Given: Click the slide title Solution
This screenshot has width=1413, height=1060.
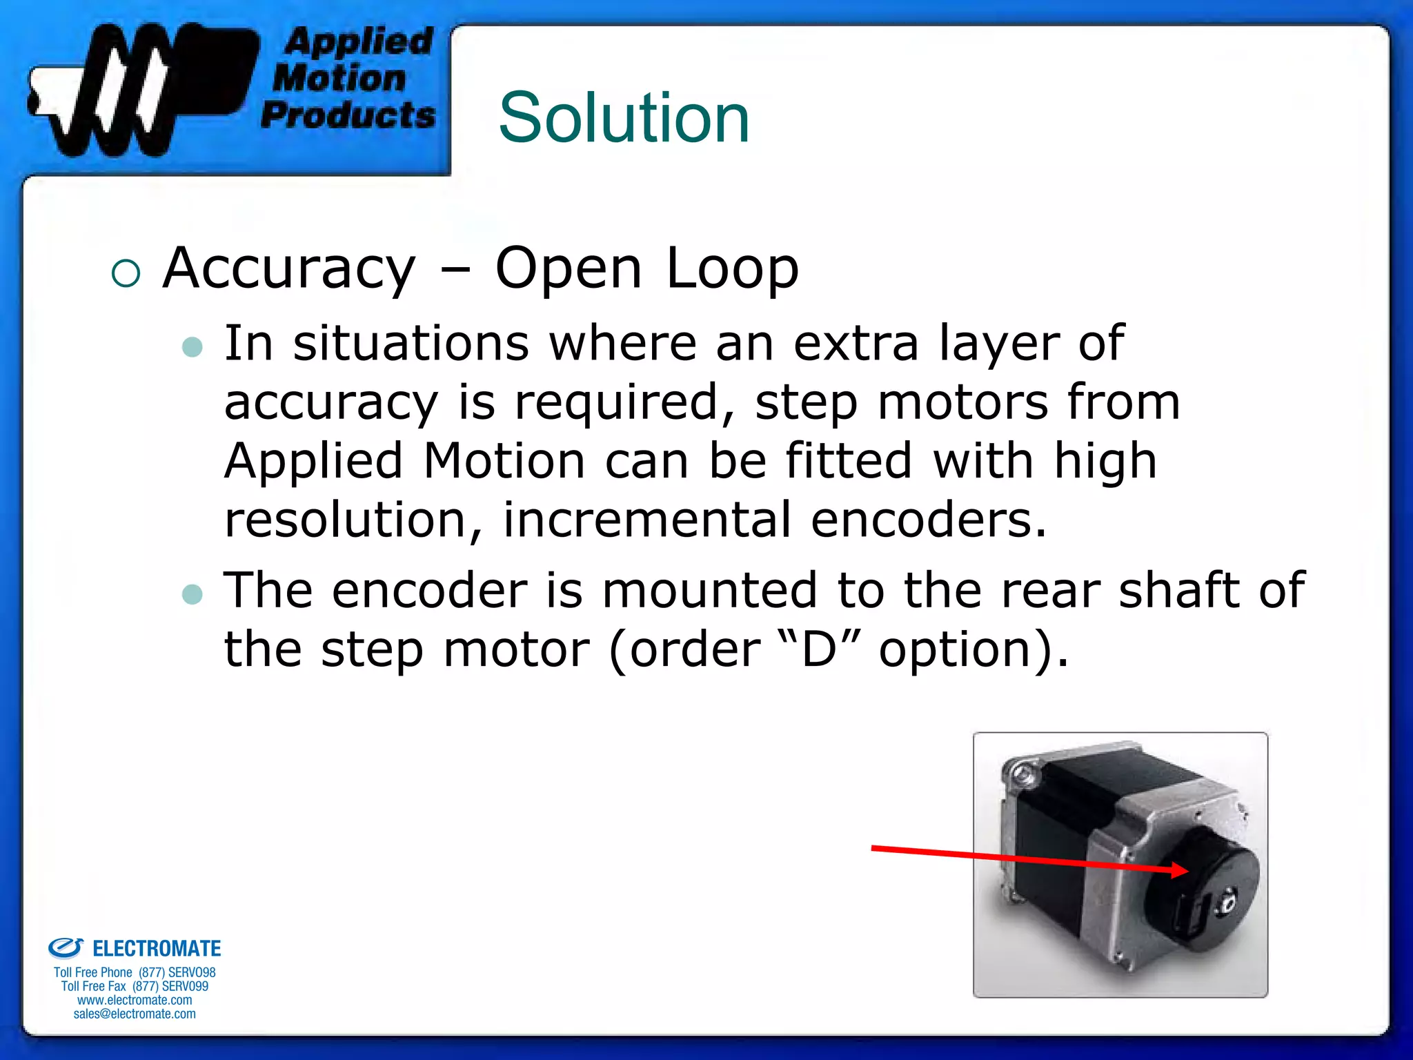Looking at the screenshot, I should (624, 118).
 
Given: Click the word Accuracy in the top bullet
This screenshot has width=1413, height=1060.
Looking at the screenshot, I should (289, 268).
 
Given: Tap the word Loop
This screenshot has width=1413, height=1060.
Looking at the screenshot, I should (732, 268).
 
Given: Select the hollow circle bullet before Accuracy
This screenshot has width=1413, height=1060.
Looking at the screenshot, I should (126, 273).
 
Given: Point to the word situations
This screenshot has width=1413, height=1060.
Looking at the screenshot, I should (411, 343).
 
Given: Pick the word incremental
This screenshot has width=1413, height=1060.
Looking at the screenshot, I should (646, 520).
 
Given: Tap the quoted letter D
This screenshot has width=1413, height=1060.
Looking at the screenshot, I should (820, 649).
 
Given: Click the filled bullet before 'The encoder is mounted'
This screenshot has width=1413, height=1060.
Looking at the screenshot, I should (192, 594).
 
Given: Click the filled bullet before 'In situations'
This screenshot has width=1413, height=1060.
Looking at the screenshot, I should (192, 346).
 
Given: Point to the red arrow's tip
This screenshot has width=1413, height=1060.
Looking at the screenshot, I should (1186, 871).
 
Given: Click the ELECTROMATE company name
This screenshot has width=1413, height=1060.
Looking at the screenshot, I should (157, 949).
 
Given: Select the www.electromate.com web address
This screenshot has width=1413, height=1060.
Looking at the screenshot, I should (135, 1000).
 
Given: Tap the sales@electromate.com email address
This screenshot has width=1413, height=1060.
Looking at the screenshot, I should (135, 1014).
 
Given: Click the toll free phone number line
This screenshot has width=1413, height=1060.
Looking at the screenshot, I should (135, 972).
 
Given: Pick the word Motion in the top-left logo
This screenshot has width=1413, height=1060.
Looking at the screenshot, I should (339, 77).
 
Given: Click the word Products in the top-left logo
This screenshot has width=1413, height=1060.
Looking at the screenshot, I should (348, 115).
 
